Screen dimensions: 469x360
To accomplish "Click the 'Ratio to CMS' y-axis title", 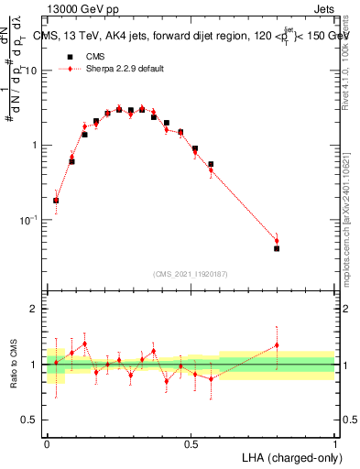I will (14, 365).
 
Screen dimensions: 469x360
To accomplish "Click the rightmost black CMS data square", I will (277, 248).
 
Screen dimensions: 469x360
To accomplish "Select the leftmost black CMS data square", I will (56, 200).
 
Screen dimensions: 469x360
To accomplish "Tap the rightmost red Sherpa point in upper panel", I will (277, 241).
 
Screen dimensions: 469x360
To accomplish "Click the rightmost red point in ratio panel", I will (277, 345).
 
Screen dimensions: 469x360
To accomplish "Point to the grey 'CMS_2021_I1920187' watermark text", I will (191, 274).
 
